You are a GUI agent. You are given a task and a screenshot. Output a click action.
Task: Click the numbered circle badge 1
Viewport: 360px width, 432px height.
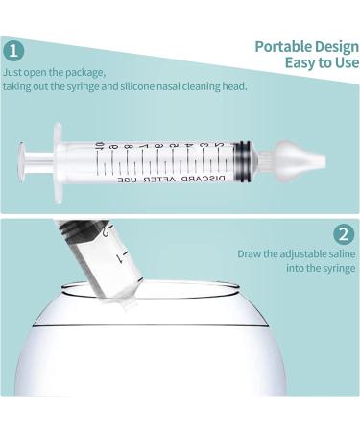pos(13,51)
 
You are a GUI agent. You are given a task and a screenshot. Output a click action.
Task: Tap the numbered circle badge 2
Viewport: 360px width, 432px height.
pos(344,235)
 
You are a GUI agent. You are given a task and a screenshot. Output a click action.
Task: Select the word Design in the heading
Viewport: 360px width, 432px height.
pos(337,47)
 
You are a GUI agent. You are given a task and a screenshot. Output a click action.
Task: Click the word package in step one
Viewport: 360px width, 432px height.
pos(85,73)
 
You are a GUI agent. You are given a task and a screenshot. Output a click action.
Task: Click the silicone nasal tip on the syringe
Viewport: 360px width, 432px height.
pos(300,158)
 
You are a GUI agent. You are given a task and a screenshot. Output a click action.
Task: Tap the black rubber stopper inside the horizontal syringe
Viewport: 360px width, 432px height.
pos(242,162)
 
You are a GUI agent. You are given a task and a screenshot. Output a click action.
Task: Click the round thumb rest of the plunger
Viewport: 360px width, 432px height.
pos(21,162)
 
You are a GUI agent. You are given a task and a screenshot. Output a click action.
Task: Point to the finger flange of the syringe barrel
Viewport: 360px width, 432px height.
pos(58,162)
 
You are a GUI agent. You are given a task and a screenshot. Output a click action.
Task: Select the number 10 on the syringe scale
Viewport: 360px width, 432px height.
pos(100,147)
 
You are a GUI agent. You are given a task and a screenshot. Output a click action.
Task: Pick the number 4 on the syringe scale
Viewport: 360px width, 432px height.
pos(188,146)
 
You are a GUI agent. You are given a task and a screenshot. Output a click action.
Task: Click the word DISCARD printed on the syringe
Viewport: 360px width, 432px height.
pos(204,179)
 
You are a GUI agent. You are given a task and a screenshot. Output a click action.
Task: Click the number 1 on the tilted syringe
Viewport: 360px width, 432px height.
pos(121,257)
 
